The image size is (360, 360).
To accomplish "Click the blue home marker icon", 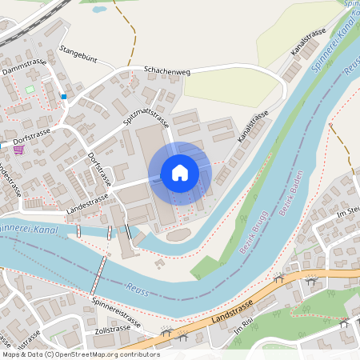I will pos(179,173).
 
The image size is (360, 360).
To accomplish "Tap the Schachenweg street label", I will pos(166,71).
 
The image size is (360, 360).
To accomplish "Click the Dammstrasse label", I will pos(23,67).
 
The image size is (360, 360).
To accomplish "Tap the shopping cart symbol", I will pos(18,149).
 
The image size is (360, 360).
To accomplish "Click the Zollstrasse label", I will pos(112,329).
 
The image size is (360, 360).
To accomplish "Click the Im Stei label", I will pos(350,210).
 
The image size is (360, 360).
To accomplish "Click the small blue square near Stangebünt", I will pos(63,97).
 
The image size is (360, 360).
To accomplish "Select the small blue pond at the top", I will pos(99,10).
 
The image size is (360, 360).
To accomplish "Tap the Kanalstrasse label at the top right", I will pos(309,41).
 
